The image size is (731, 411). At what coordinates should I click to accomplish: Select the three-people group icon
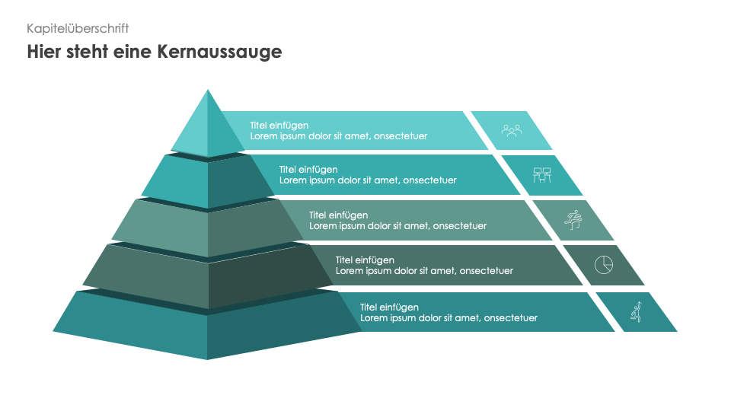(512, 130)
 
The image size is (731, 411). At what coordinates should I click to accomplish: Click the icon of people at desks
(541, 175)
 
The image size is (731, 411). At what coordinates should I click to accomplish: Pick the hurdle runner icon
(573, 220)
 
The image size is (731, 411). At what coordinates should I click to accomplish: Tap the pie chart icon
(603, 264)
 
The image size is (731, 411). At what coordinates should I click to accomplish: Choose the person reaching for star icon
(637, 311)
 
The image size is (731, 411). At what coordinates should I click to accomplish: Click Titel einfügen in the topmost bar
(279, 125)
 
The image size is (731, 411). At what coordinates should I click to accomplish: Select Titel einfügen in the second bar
(308, 169)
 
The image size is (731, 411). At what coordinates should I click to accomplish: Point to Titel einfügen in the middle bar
(338, 215)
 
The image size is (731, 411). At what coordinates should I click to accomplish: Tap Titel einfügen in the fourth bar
(365, 260)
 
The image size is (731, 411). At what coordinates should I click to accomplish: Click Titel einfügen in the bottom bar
(389, 307)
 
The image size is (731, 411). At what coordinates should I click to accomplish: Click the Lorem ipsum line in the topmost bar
(339, 136)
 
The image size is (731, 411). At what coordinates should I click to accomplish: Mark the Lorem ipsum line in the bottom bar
(448, 318)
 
